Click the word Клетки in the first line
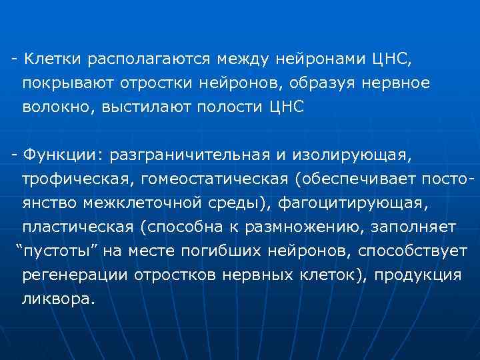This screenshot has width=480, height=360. point(50,59)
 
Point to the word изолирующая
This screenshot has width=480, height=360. point(352,155)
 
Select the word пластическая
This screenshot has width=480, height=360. point(78,227)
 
